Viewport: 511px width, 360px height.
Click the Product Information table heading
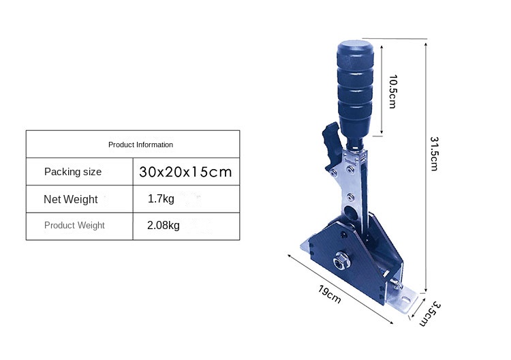point(140,145)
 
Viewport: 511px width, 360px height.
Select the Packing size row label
point(73,172)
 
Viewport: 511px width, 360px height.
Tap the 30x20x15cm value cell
point(185,172)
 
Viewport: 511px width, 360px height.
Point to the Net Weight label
point(71,199)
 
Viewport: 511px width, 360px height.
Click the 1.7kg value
point(161,198)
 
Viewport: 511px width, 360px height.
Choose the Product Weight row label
point(74,225)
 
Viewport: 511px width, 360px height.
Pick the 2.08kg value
point(164,225)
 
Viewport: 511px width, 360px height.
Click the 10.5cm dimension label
point(393,91)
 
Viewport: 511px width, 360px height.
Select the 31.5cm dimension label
point(435,153)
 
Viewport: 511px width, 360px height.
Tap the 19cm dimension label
point(330,295)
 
